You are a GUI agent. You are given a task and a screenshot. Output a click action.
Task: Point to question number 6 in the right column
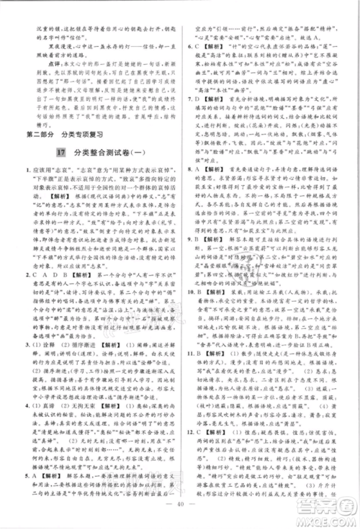pyautogui.click(x=188, y=47)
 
